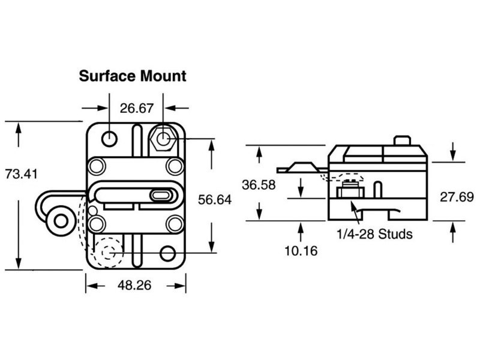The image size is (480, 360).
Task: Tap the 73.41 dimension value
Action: [20, 175]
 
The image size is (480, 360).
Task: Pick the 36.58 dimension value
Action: [259, 185]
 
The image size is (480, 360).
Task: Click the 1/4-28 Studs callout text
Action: [375, 234]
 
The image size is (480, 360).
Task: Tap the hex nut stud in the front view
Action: [164, 139]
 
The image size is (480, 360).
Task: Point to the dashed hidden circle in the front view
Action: [109, 253]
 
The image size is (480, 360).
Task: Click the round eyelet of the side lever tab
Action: [59, 221]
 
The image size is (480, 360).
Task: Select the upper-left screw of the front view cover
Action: [96, 165]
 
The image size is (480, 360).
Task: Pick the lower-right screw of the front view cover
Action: [174, 224]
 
